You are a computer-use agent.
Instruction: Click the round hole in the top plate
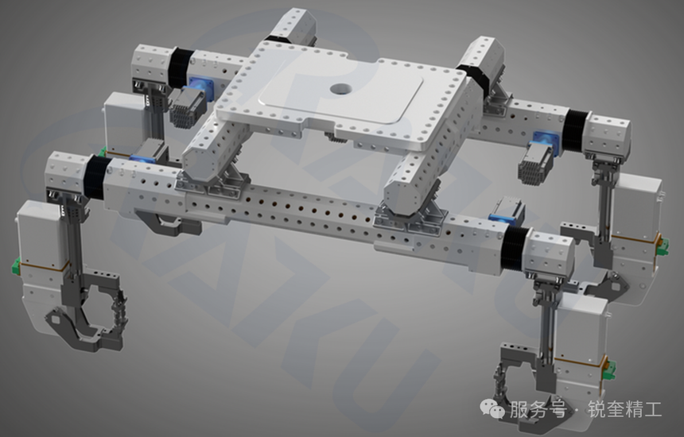click(x=340, y=89)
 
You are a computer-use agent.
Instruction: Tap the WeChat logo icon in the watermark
click(x=492, y=408)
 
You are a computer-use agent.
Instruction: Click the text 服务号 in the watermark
click(x=538, y=409)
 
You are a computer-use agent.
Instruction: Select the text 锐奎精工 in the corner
click(x=624, y=409)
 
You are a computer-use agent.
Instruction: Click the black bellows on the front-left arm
click(x=98, y=177)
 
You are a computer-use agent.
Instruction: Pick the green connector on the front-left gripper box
click(x=17, y=265)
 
